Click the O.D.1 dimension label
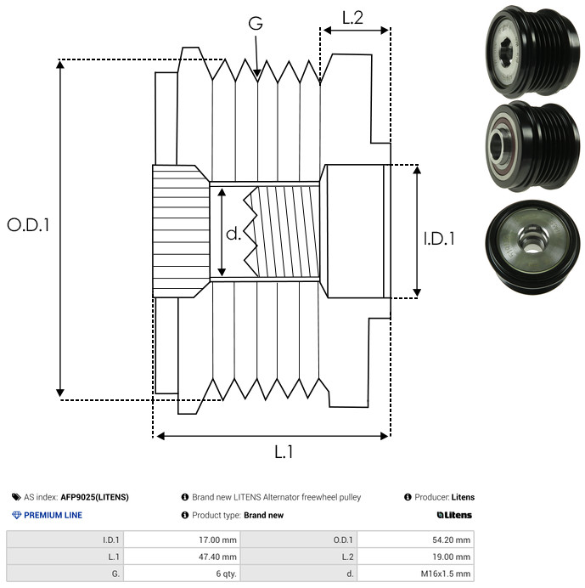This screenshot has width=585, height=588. [x=28, y=225]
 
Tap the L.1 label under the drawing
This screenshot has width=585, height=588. [x=284, y=452]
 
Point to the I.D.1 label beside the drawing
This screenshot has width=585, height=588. [x=439, y=239]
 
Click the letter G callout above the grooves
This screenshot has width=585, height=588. [x=256, y=24]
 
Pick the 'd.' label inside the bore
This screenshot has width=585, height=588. [x=233, y=233]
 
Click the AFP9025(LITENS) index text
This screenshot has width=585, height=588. [x=94, y=497]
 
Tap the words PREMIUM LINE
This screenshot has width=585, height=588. [x=53, y=515]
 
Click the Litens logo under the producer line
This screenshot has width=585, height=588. [x=454, y=515]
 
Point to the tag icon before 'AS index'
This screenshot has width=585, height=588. [x=16, y=497]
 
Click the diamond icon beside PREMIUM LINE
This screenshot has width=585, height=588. [x=16, y=515]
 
